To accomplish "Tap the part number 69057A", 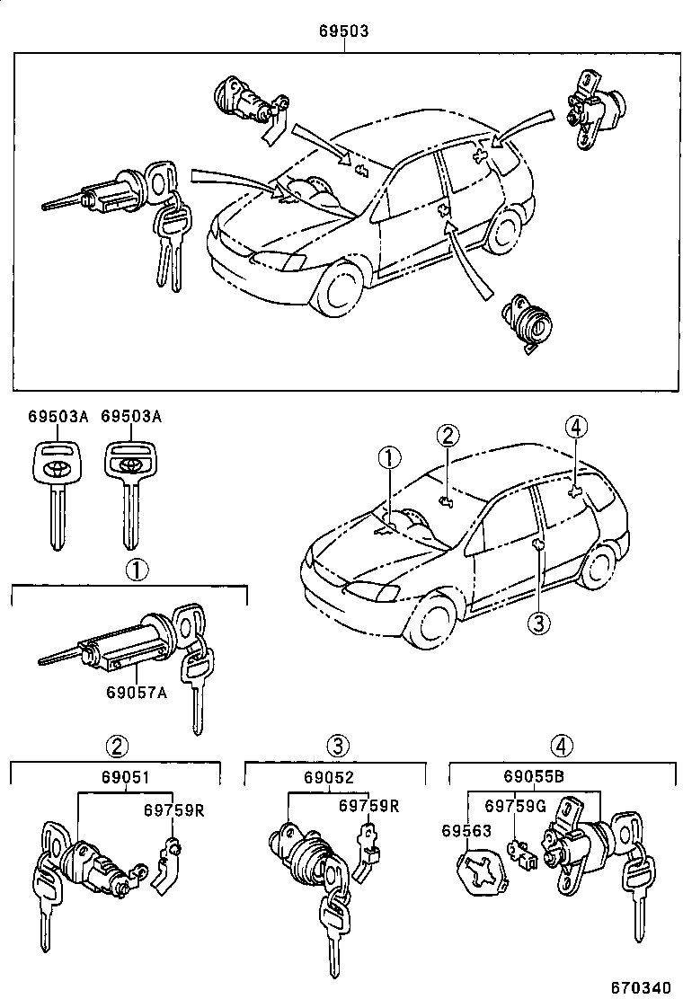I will coord(136,693).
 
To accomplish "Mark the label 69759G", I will coord(516,806).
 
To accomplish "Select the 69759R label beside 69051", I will coord(174,809).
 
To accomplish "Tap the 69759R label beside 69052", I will coord(368,806).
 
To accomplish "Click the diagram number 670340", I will coord(641,986).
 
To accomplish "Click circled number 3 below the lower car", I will coord(537,622).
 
